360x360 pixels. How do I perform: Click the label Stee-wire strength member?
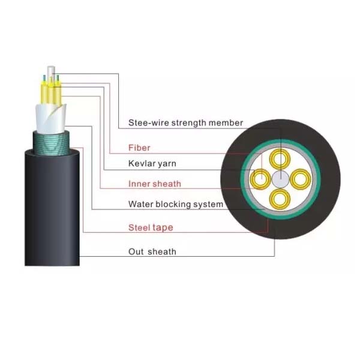pos(185,123)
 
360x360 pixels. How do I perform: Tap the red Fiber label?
pos(139,148)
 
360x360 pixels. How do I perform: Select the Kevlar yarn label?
pos(152,164)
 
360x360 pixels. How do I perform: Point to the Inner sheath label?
pos(155,184)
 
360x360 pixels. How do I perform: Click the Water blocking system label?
pos(176,204)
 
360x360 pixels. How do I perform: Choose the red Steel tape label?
pos(151,227)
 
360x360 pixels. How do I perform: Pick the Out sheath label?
pos(152,251)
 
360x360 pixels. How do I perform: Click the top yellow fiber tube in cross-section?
pos(280,151)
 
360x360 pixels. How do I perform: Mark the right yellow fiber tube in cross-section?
pos(308,179)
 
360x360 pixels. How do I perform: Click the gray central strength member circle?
pos(280,179)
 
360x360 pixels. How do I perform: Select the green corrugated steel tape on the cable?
pos(52,143)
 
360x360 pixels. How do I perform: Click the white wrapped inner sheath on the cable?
pos(51,119)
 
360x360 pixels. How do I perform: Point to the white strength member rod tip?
pos(51,70)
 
